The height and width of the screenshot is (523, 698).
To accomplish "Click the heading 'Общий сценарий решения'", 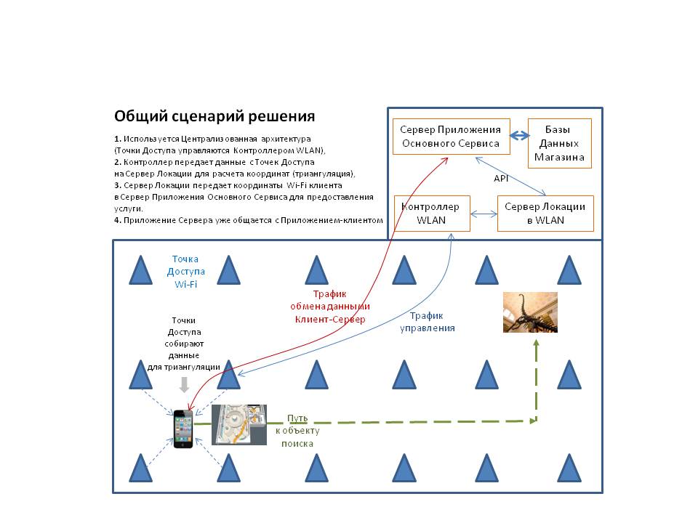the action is point(214,116).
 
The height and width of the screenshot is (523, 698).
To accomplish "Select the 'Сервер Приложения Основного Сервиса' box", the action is point(451,137).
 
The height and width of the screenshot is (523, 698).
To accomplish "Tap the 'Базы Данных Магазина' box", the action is point(560,143).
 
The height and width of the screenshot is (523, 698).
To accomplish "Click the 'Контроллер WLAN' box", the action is point(432,214).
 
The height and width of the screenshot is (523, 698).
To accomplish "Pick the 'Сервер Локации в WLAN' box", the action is point(545,214).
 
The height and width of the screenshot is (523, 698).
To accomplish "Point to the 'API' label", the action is point(501,179).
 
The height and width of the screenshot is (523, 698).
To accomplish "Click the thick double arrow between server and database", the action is point(519,135).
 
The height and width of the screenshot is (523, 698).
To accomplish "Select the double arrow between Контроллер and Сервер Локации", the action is point(484,214).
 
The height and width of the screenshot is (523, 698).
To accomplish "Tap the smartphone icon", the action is point(183,429).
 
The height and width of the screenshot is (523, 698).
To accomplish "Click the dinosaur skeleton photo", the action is point(530,312).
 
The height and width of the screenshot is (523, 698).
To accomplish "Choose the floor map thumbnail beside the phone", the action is point(239,425).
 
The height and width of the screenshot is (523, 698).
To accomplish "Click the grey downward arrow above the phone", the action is point(184,385).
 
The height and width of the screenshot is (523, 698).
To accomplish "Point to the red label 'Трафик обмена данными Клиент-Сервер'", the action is point(330,307).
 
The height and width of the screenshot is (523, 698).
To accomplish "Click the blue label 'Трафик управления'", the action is point(428,322).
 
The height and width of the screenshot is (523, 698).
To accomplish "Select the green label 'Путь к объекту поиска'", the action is point(297,431).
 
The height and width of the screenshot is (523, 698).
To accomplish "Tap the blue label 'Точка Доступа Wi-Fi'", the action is point(185,271).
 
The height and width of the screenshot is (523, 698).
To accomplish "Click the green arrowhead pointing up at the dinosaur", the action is point(537,343).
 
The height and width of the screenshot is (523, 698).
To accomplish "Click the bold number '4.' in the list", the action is point(118,220).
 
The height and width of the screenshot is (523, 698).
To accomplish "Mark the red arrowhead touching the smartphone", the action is point(190,407).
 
